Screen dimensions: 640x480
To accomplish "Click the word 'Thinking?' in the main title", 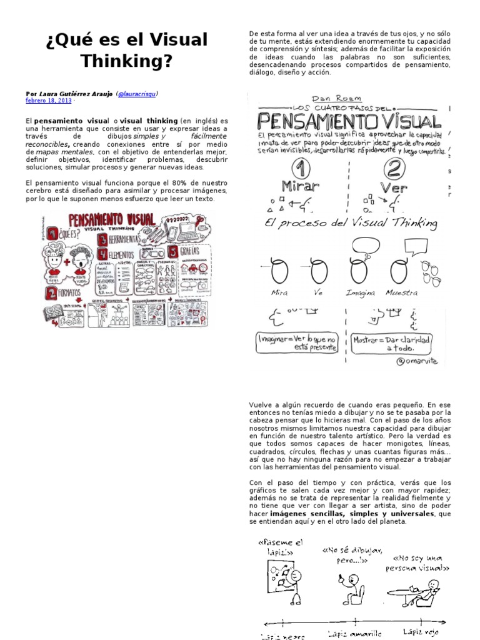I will pyautogui.click(x=126, y=62).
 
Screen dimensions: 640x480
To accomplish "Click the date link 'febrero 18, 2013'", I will pyautogui.click(x=48, y=100).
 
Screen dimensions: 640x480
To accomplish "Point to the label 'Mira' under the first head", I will pyautogui.click(x=279, y=292).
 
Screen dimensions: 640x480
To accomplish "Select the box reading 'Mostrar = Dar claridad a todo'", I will pyautogui.click(x=392, y=344).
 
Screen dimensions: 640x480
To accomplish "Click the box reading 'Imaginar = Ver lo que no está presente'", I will pyautogui.click(x=297, y=344).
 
